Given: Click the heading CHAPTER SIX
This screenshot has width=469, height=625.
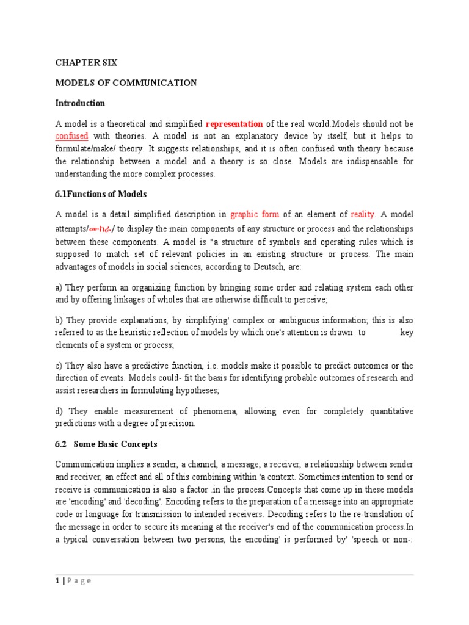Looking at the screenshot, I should (x=86, y=63).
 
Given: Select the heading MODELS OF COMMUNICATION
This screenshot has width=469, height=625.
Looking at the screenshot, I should (x=126, y=83).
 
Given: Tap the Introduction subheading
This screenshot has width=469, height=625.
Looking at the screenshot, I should (x=80, y=103).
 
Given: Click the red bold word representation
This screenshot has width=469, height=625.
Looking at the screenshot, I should (x=234, y=123).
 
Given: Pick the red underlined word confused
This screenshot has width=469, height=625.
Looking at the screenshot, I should (x=72, y=135).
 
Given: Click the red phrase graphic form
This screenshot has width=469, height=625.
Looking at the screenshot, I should (x=255, y=214).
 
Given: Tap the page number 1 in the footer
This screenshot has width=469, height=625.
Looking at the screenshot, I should (x=57, y=581).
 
